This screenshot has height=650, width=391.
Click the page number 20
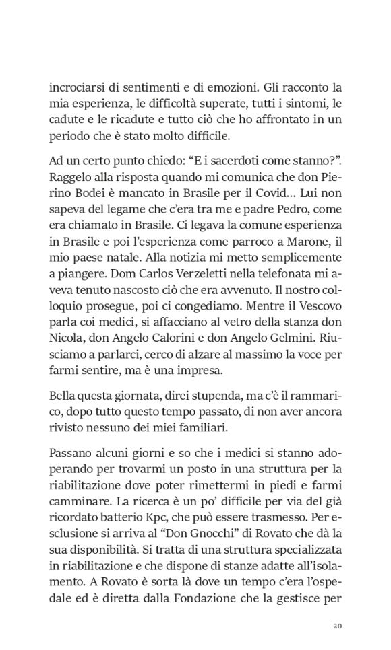[338, 626]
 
